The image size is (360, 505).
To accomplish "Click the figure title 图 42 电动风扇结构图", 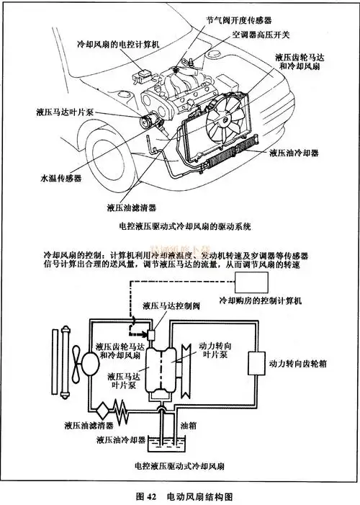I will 183,496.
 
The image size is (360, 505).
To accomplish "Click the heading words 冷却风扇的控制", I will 67,255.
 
